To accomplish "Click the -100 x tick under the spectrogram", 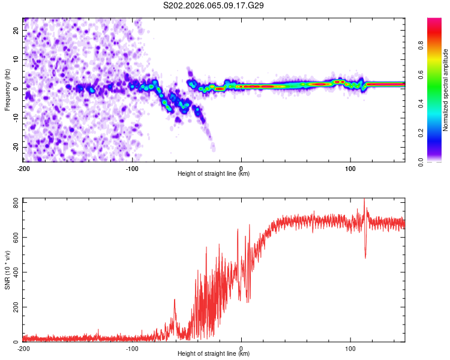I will (132, 168).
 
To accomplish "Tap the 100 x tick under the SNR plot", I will (350, 348).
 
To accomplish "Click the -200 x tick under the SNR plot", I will (23, 348).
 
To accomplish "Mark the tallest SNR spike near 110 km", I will (364, 200).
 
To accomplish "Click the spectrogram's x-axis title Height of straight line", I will (214, 174).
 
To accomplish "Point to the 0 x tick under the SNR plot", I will (241, 348).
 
